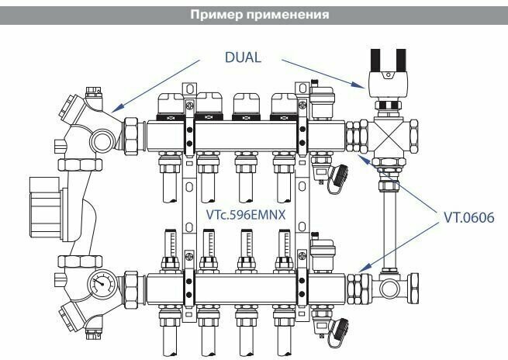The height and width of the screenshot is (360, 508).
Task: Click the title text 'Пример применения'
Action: pyautogui.click(x=254, y=16)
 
